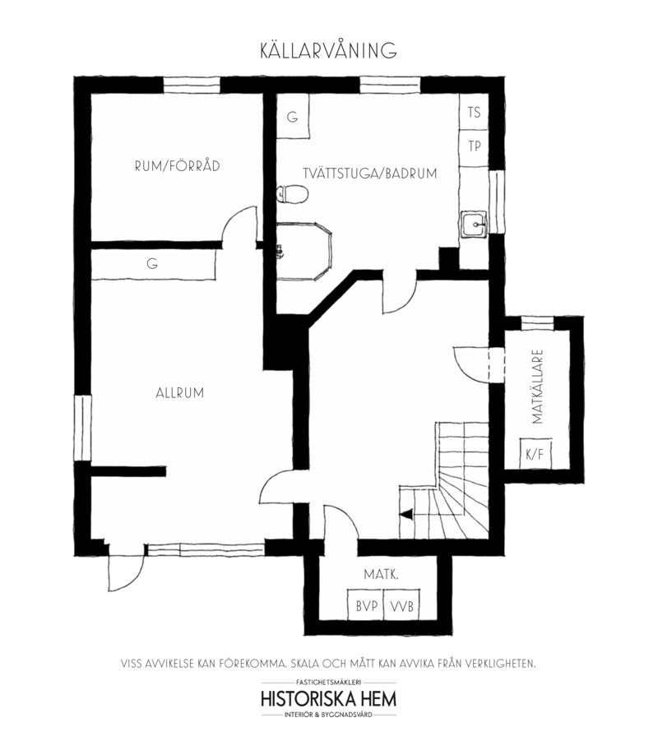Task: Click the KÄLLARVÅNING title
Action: click(328, 50)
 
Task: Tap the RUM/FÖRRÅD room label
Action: click(178, 166)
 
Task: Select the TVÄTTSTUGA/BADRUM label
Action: click(370, 174)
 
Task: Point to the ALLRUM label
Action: click(179, 393)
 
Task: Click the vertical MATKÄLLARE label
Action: click(538, 387)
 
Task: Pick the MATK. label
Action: click(381, 574)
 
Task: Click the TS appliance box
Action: click(474, 112)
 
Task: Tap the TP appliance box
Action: click(474, 146)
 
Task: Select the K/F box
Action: click(535, 454)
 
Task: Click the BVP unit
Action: click(366, 605)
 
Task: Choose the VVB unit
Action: click(401, 605)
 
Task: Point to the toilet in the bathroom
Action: click(292, 194)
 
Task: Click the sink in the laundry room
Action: click(475, 225)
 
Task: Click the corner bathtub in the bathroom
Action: click(304, 251)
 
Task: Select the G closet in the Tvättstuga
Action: click(292, 117)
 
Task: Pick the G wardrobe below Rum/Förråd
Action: click(153, 264)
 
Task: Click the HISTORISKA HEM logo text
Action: click(328, 698)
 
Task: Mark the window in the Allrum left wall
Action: click(83, 428)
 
